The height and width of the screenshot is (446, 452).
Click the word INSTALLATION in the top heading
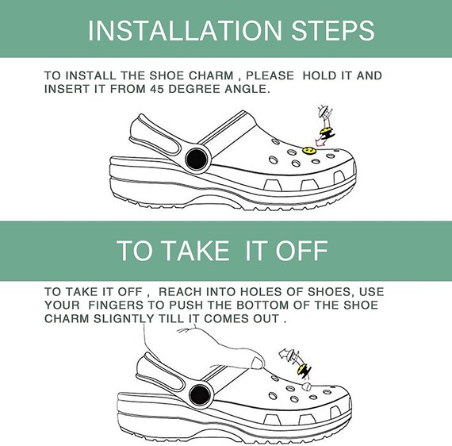tap(185, 30)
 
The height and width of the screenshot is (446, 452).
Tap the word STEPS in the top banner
tap(333, 30)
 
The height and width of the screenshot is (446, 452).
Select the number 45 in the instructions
tap(156, 89)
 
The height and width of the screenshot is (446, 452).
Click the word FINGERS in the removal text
tap(116, 306)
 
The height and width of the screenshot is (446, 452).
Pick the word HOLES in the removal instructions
tap(262, 292)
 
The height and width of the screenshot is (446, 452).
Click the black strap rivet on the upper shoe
tap(196, 159)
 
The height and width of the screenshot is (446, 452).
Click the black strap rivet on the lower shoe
tap(200, 394)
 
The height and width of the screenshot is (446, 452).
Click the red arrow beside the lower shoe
tap(286, 353)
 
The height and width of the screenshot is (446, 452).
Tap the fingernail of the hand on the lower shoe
tap(256, 363)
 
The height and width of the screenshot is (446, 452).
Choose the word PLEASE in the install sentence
tap(270, 75)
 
